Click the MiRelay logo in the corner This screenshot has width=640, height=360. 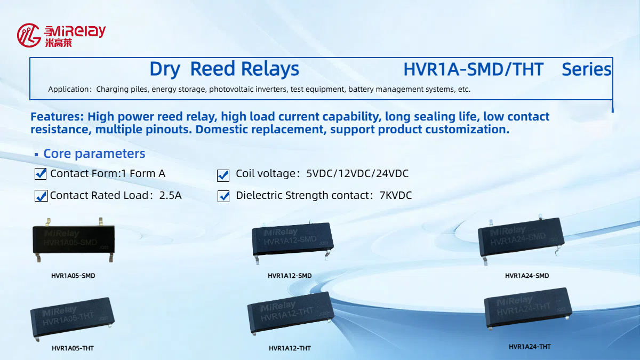coord(61,35)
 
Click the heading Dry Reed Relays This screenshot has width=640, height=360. coord(224,69)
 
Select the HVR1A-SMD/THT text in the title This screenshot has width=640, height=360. coord(473,69)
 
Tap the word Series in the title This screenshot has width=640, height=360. coord(587,69)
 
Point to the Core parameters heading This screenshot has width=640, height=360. coord(94,154)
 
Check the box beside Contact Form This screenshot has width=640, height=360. coord(41,174)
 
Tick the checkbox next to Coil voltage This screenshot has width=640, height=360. coord(223,175)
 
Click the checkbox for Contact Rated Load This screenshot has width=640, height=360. coord(41,196)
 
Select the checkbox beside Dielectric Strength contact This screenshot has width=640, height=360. coord(223,196)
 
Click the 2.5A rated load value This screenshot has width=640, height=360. coord(171,196)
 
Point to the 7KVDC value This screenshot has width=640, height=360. coord(396,196)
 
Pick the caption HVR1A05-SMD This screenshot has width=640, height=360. coord(73,276)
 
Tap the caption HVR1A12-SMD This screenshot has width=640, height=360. coord(290,276)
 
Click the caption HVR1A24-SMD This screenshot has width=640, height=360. coord(527,276)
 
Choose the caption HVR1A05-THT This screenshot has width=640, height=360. coord(73,348)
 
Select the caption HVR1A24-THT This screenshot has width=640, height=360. coord(530,347)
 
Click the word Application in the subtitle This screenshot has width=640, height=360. coord(69,90)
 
